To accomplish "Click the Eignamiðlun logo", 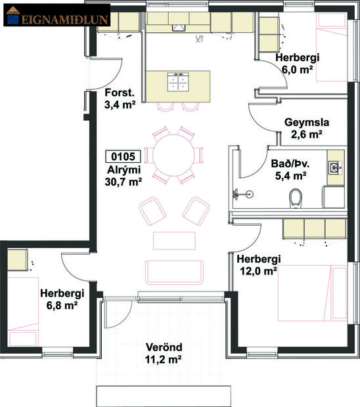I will pos(47,18).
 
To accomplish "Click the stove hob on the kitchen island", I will pos(176,82).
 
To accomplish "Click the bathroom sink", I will pos(335,167).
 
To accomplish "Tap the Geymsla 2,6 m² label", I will pos(303,129).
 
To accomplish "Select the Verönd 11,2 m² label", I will pos(164,353).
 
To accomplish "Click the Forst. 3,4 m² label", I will pos(120,98).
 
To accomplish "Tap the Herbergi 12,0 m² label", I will pos(259,264).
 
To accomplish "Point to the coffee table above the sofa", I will pos(174,240).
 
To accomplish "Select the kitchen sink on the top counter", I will pos(179,27).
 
